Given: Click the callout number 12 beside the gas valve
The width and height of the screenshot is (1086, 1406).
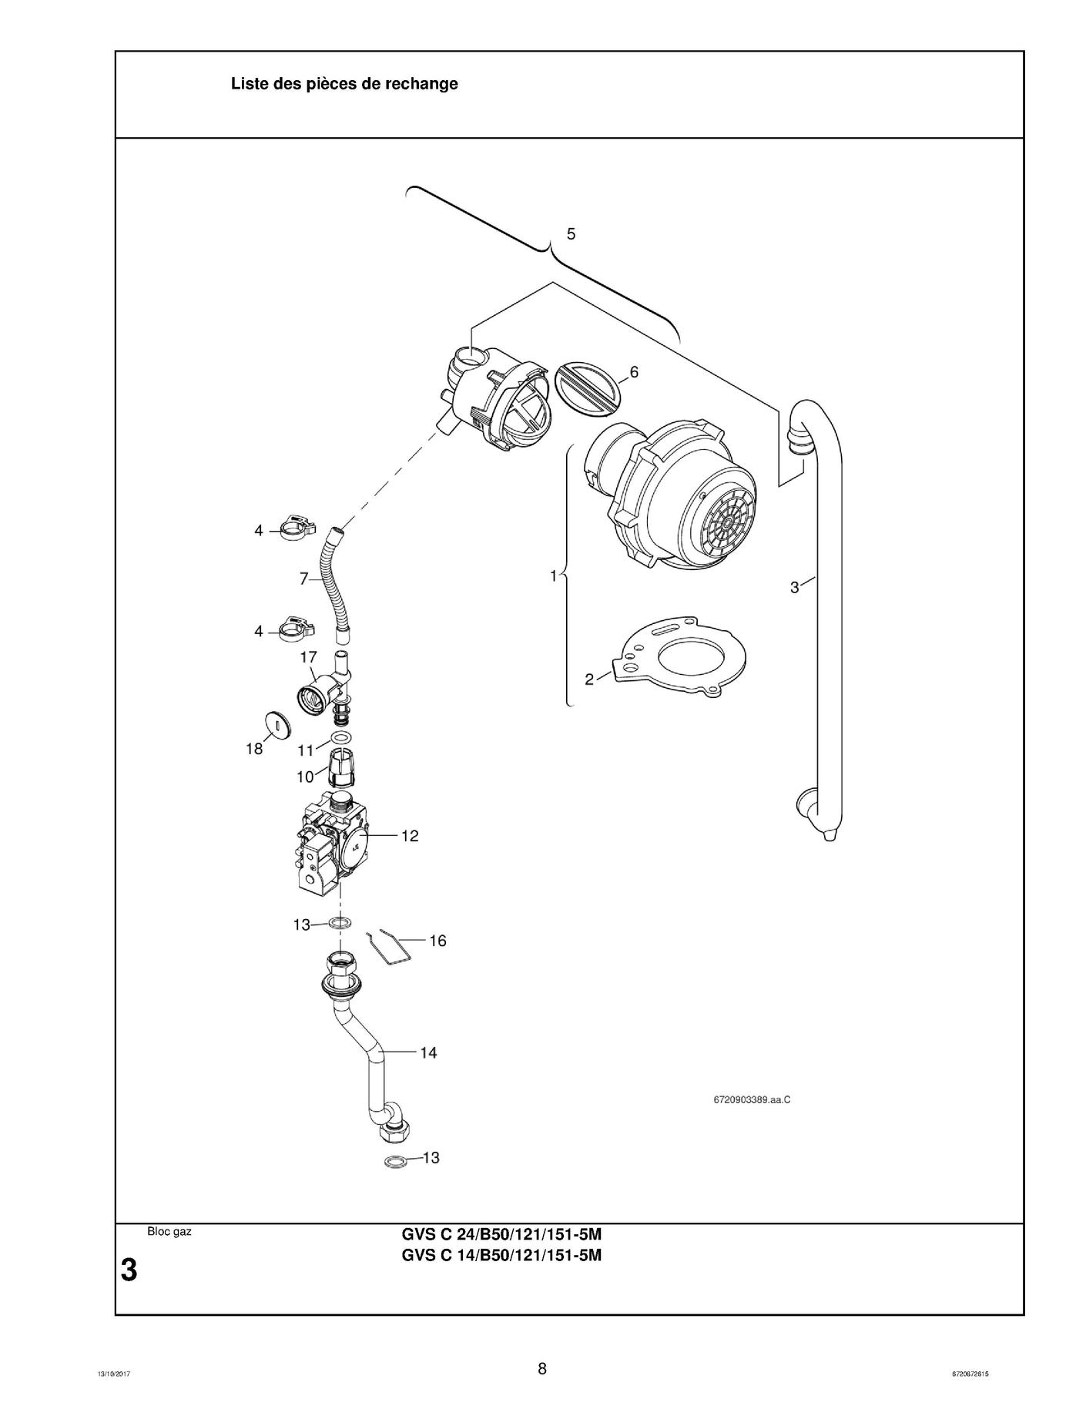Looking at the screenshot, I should [410, 836].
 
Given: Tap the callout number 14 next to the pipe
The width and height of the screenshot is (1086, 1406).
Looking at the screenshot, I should [428, 1052].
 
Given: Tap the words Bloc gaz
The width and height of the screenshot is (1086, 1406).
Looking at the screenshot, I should [169, 1232].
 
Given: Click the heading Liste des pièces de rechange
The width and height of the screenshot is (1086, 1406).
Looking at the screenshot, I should [344, 84].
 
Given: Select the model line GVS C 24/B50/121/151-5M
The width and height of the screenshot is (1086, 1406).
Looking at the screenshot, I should [501, 1234].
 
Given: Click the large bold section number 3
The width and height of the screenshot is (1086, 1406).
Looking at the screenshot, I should [129, 1270].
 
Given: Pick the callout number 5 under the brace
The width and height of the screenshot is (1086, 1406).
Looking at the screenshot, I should [571, 233].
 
